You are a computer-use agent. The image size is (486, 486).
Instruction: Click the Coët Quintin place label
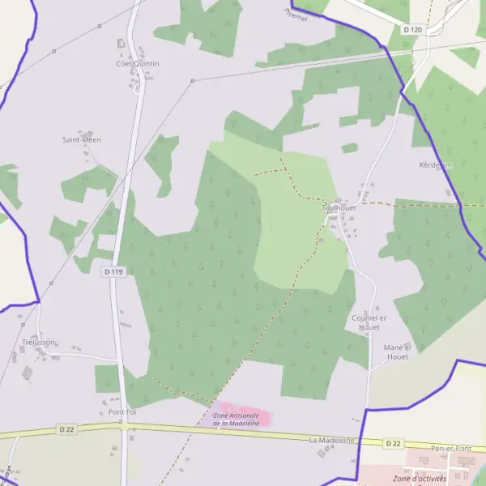pos(138,63)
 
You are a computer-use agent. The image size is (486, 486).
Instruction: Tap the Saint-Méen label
pos(82,139)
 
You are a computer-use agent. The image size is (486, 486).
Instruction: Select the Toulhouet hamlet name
pos(339,207)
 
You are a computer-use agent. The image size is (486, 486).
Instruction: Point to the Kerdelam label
pos(435,165)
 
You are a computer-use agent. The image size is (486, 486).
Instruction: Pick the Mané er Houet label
pos(398,352)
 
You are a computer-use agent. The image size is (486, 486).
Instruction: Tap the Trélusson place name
pos(39,342)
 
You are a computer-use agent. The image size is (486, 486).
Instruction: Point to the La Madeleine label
pos(332,440)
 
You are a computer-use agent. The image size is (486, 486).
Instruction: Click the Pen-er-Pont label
pos(452,448)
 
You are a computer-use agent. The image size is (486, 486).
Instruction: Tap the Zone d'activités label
pos(424,479)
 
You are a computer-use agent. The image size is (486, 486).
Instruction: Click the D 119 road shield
pos(113,272)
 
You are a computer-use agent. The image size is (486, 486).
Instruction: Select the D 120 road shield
pos(412,30)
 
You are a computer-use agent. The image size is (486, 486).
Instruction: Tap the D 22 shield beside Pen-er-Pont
pos(393,443)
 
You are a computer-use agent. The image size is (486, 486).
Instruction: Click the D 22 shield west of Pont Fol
pos(67,428)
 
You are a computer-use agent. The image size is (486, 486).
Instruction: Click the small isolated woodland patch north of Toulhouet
pos(349,148)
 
